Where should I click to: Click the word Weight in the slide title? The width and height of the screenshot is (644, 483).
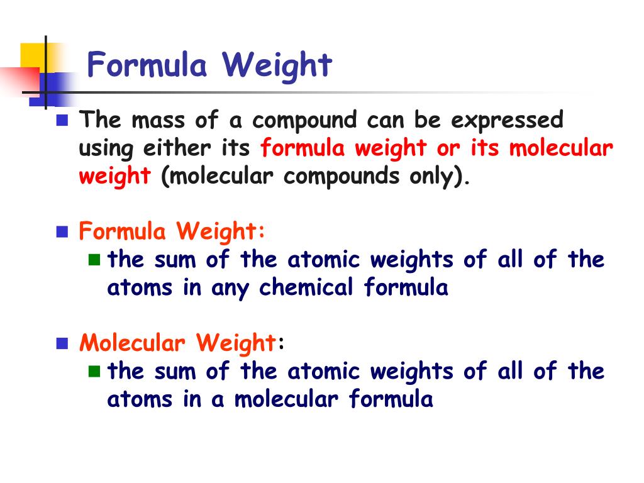point(277,65)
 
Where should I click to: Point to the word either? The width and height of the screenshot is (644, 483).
point(177,148)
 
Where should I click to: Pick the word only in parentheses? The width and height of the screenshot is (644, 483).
point(431,176)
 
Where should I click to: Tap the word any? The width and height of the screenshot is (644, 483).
point(230,289)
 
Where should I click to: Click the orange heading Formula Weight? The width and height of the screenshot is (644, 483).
point(172,232)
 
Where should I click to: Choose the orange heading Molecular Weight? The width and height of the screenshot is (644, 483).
point(177,343)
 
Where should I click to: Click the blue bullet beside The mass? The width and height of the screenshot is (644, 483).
point(62,119)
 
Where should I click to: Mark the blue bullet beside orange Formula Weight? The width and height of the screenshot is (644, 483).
point(62,232)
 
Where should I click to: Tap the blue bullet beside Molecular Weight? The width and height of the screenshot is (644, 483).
point(62,343)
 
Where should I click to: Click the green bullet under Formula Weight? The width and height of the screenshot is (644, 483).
point(94,259)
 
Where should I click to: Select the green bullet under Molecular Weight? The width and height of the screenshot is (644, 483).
point(94,370)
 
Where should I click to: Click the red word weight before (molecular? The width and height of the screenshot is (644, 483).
point(114,177)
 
